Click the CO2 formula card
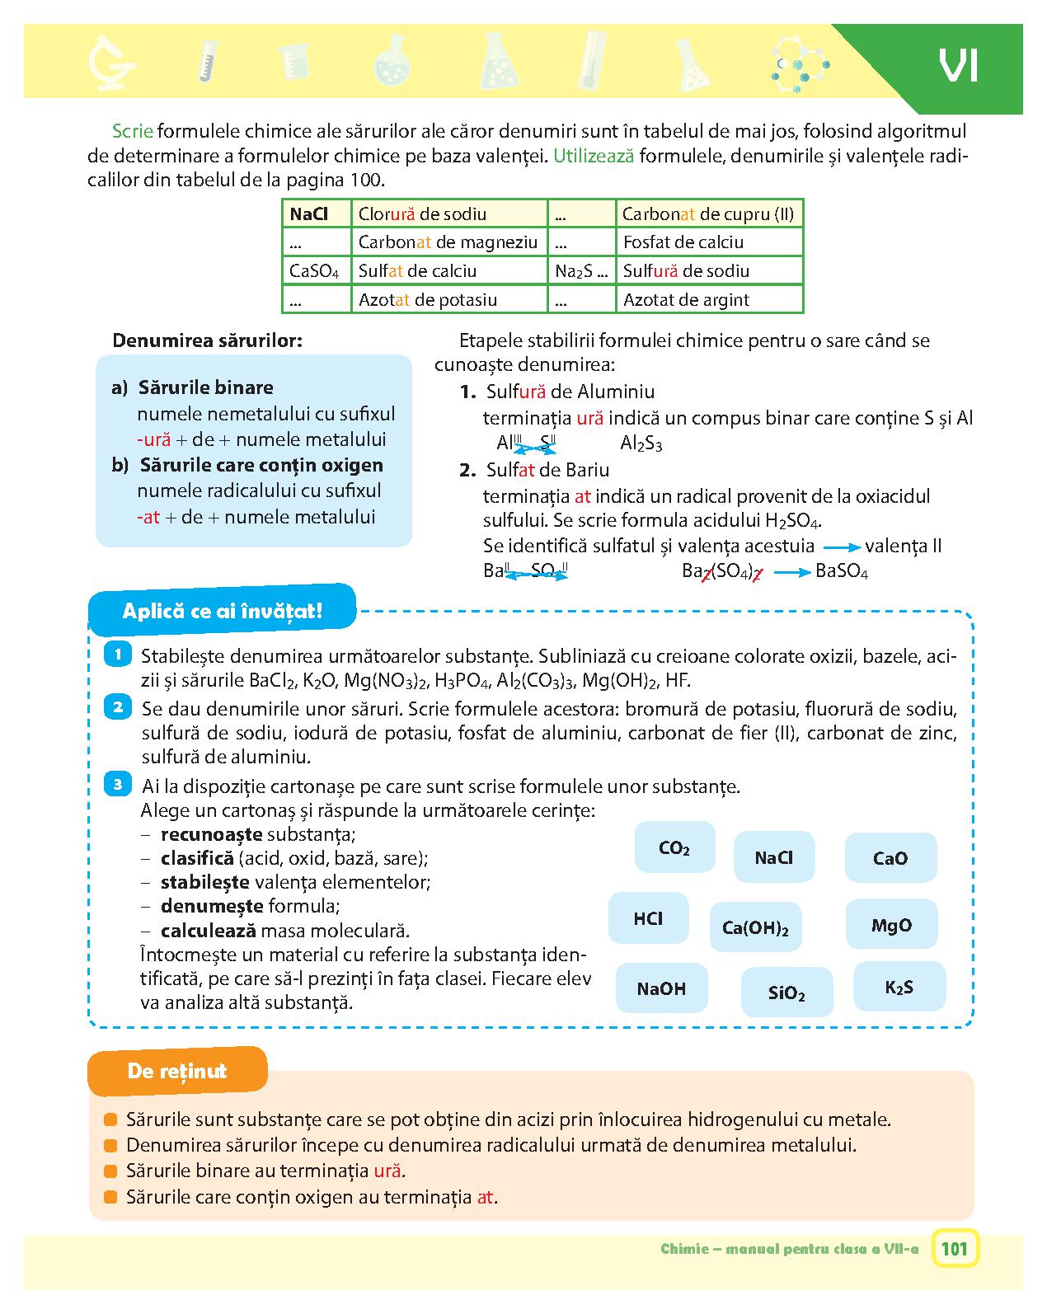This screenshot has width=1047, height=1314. click(x=674, y=847)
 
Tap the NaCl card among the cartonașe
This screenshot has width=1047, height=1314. click(x=773, y=857)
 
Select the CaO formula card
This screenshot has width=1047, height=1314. click(x=890, y=858)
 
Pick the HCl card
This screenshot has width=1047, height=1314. click(x=648, y=918)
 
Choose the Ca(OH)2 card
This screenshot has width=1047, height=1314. click(x=755, y=927)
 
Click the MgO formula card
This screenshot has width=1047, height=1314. click(x=891, y=925)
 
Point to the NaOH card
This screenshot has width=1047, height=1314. click(x=661, y=988)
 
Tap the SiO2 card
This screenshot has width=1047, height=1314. click(x=786, y=993)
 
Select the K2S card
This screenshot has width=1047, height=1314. click(x=899, y=987)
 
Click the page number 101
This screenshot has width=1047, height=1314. click(x=954, y=1249)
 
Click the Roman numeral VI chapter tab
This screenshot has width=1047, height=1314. click(x=957, y=66)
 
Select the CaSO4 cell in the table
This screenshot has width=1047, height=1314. click(x=315, y=271)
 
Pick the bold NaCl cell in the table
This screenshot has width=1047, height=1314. click(x=309, y=214)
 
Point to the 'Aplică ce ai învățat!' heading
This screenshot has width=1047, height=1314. click(x=222, y=611)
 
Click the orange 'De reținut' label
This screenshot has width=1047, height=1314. click(x=177, y=1071)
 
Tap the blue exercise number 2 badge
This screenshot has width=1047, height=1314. click(x=118, y=706)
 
